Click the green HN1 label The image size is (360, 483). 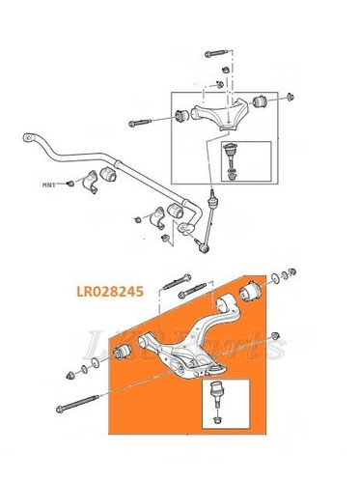tap(48, 183)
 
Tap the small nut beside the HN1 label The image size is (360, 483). tap(70, 183)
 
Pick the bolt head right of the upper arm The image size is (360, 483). tap(290, 98)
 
